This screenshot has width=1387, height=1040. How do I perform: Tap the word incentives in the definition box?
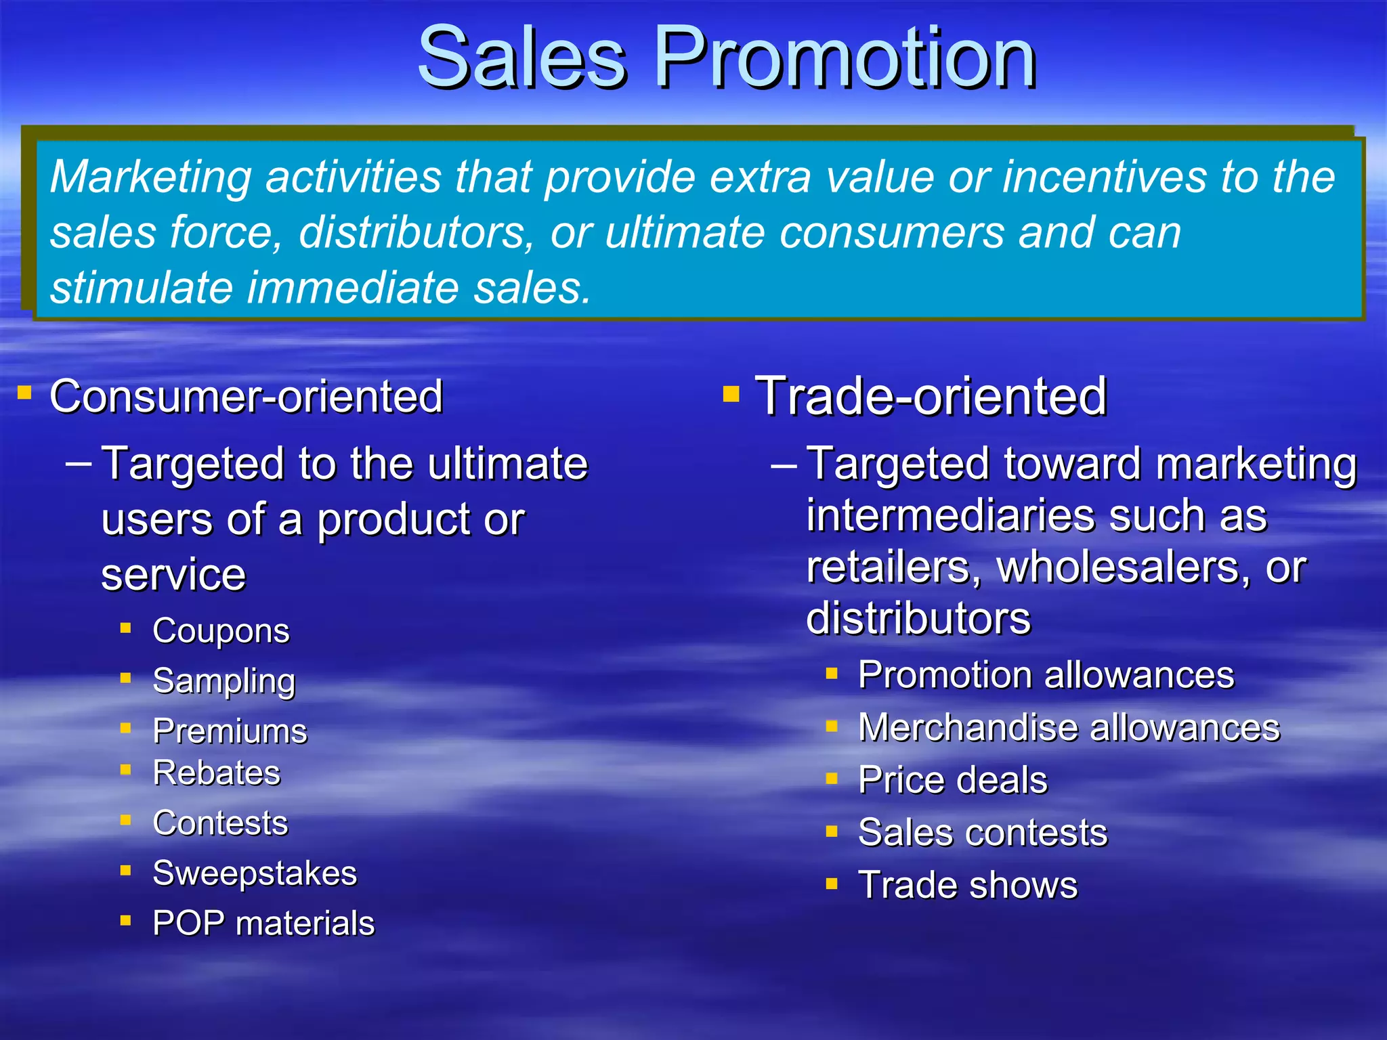[x=1104, y=177]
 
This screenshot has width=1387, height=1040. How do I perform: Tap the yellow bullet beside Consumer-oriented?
[x=25, y=392]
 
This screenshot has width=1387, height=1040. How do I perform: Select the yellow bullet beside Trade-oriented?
[x=731, y=393]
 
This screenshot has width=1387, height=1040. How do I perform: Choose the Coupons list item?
[x=221, y=631]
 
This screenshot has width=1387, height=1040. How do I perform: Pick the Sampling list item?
[x=224, y=681]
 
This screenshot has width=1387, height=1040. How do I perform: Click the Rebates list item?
[x=217, y=773]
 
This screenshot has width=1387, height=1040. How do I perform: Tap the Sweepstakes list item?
[x=255, y=873]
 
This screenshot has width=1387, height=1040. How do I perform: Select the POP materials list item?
[x=263, y=924]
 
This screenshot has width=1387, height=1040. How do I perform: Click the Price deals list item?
[x=952, y=780]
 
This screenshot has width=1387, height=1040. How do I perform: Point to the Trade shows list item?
[x=967, y=886]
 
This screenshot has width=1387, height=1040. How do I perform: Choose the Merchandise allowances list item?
[x=1069, y=728]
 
